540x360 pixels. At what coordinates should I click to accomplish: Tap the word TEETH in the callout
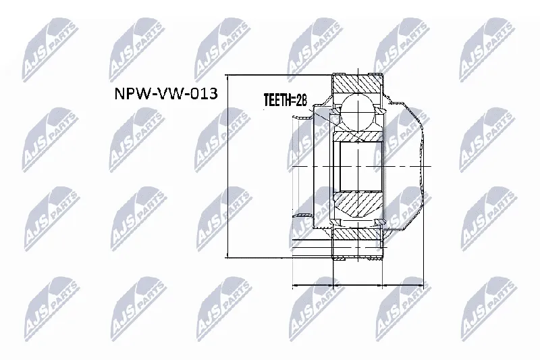tap(277, 100)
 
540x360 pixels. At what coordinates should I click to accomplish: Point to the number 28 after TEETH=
tap(301, 100)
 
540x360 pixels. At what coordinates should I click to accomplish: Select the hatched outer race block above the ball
tap(358, 83)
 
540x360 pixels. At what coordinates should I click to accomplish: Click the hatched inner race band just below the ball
tap(358, 136)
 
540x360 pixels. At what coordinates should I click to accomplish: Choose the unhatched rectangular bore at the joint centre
tap(361, 166)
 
